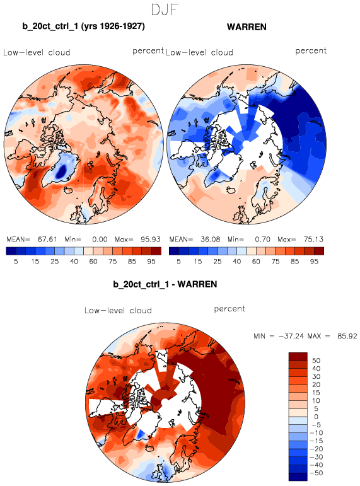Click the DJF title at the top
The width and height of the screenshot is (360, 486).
click(165, 9)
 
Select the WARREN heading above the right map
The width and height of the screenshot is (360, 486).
click(247, 27)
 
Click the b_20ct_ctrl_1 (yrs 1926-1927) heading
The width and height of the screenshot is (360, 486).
click(83, 26)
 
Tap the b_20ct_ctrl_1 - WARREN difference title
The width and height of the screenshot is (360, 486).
click(165, 284)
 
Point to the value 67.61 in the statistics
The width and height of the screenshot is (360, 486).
click(47, 240)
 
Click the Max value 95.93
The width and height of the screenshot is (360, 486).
click(151, 240)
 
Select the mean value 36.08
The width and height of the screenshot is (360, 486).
click(210, 240)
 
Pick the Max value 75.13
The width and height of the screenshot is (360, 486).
click(313, 240)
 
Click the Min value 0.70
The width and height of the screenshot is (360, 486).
click(262, 240)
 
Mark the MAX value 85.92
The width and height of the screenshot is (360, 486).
click(347, 336)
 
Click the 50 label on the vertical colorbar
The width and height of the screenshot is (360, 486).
click(316, 361)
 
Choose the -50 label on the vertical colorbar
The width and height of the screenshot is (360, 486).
click(316, 473)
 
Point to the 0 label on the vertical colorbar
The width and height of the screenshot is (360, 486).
click(316, 417)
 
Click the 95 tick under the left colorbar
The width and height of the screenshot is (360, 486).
click(151, 262)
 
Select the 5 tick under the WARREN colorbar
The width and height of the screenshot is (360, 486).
click(178, 262)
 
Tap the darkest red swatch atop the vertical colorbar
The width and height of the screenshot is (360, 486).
click(298, 356)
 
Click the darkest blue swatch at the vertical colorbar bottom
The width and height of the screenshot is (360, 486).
click(298, 477)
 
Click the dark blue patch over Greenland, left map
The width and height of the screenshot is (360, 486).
click(62, 170)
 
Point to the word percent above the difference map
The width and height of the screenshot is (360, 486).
click(229, 309)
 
